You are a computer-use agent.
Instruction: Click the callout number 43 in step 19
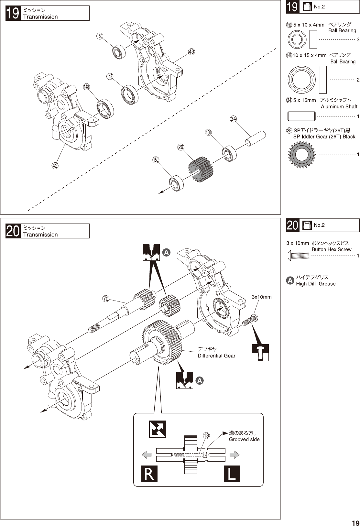pyautogui.click(x=191, y=52)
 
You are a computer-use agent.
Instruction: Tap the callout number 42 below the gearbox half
pyautogui.click(x=55, y=166)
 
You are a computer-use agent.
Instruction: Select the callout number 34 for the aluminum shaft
pyautogui.click(x=233, y=119)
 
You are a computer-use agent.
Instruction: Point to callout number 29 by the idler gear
pyautogui.click(x=181, y=147)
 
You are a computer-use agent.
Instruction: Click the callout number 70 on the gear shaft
pyautogui.click(x=106, y=299)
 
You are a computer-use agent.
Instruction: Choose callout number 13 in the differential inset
pyautogui.click(x=206, y=435)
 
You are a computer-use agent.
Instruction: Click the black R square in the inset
pyautogui.click(x=149, y=474)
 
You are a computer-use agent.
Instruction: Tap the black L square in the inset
pyautogui.click(x=232, y=474)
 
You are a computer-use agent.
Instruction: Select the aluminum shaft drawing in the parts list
pyautogui.click(x=301, y=116)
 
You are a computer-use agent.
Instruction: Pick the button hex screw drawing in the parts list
pyautogui.click(x=298, y=256)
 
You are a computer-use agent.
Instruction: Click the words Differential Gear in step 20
pyautogui.click(x=216, y=356)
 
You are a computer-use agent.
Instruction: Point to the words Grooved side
pyautogui.click(x=244, y=439)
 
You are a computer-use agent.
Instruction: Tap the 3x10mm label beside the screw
pyautogui.click(x=262, y=297)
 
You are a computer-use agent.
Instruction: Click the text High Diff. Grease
pyautogui.click(x=316, y=284)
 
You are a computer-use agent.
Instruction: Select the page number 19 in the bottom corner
pyautogui.click(x=355, y=523)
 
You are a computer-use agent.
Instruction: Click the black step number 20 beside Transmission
pyautogui.click(x=13, y=231)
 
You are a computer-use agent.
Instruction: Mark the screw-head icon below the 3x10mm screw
pyautogui.click(x=260, y=353)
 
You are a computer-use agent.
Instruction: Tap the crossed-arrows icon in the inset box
pyautogui.click(x=158, y=429)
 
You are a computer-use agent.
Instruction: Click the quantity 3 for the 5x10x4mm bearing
pyautogui.click(x=358, y=39)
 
